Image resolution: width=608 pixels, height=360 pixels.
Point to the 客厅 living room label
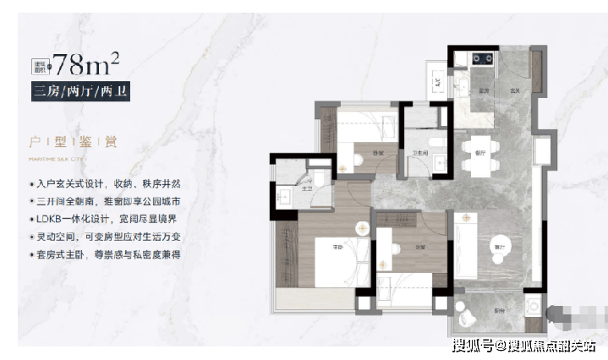pyautogui.click(x=499, y=246)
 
